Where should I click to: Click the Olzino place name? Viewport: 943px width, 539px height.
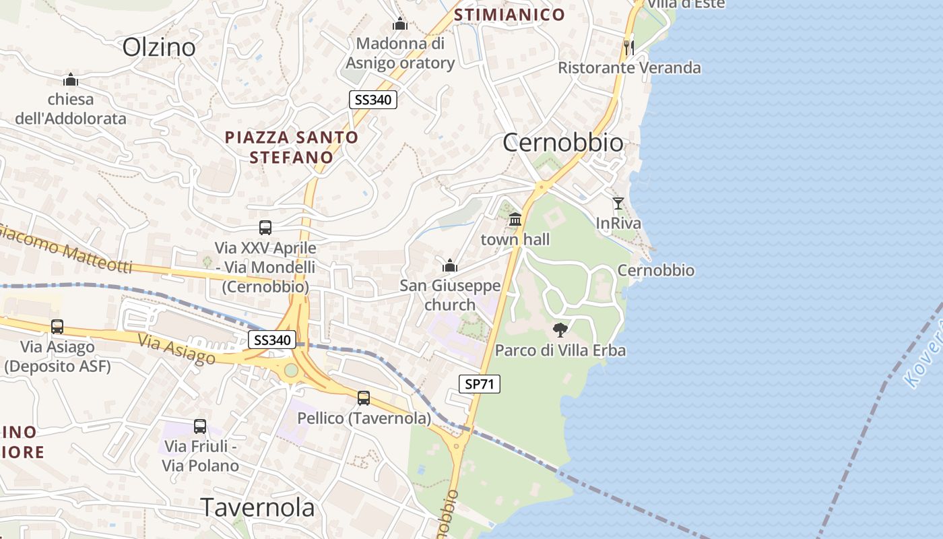click(159, 47)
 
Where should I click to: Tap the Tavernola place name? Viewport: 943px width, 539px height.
click(258, 507)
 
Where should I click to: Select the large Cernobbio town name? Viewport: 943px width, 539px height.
click(563, 143)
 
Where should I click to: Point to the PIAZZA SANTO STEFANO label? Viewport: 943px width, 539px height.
click(292, 147)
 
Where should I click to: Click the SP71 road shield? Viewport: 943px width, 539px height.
click(479, 384)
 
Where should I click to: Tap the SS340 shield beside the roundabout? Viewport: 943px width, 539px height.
click(272, 340)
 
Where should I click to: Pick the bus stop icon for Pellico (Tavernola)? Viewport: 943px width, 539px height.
click(364, 398)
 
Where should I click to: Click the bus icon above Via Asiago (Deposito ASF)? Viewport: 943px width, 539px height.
click(57, 327)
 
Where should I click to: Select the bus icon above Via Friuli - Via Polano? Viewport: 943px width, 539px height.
click(200, 426)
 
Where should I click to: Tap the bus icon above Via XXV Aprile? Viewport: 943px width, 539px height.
click(265, 228)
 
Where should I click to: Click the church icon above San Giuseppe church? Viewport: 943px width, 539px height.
click(450, 265)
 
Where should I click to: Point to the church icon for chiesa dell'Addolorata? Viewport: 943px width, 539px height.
click(71, 80)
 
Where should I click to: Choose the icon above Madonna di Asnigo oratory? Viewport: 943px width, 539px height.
click(400, 24)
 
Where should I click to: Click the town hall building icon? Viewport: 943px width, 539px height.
click(515, 219)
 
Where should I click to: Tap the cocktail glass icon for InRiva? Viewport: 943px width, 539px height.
click(618, 203)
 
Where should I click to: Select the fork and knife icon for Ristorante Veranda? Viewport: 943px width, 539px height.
click(628, 47)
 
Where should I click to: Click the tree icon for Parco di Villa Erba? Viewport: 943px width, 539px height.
click(560, 329)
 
